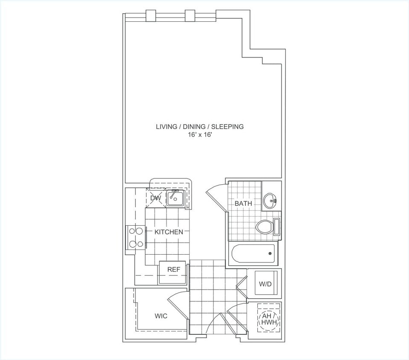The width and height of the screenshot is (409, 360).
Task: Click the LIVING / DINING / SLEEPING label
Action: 199,126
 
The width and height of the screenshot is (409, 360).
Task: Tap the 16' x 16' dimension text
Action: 199,135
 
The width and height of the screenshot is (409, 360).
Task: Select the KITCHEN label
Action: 169,232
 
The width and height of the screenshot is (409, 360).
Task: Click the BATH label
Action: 243,203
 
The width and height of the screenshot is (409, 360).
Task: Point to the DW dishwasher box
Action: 155,198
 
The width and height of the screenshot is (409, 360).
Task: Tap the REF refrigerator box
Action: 173,270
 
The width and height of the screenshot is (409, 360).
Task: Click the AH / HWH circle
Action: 269,319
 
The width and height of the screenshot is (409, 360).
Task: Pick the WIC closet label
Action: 161,316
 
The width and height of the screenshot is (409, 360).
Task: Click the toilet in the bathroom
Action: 266,226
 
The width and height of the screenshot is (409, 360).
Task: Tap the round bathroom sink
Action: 270,200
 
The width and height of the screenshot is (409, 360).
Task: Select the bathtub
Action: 254,254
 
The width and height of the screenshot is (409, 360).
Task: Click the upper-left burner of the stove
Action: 132,231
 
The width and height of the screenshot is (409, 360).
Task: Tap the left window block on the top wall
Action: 151,15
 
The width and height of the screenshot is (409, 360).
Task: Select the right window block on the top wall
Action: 190,15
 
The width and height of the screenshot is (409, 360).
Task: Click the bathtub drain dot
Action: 270,254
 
